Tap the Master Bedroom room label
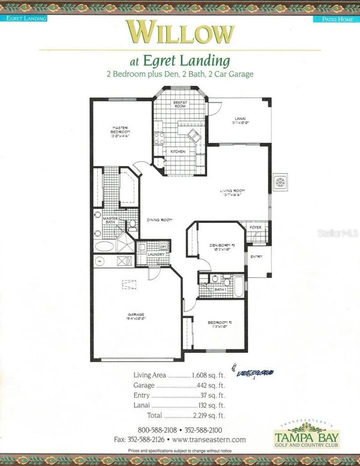click(120, 131)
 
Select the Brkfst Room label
click(180, 104)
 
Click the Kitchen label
click(178, 152)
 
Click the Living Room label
click(232, 192)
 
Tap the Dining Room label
click(159, 220)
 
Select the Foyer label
click(256, 227)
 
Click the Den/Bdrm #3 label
click(222, 247)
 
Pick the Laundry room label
click(156, 254)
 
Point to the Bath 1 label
click(220, 290)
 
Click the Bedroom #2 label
click(220, 324)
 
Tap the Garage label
click(136, 316)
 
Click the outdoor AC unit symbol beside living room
click(280, 182)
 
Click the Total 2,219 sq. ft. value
click(209, 415)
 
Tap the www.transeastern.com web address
click(209, 440)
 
